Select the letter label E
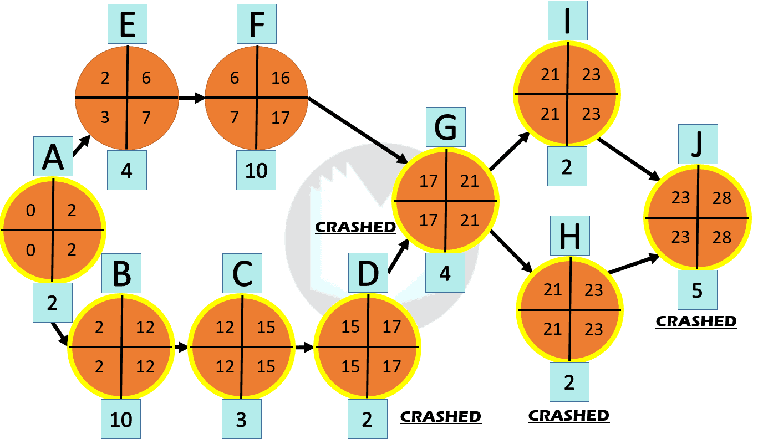pos(127,24)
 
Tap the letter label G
pos(445,128)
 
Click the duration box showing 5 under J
pos(697,290)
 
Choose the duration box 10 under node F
pos(256,170)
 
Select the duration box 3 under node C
pos(241,420)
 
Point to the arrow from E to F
pos(191,98)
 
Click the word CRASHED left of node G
pos(355,227)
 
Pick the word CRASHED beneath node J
pos(696,321)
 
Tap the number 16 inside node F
pos(281,78)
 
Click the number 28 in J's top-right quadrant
pos(722,198)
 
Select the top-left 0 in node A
pos(30,211)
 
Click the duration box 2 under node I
pos(566,167)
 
